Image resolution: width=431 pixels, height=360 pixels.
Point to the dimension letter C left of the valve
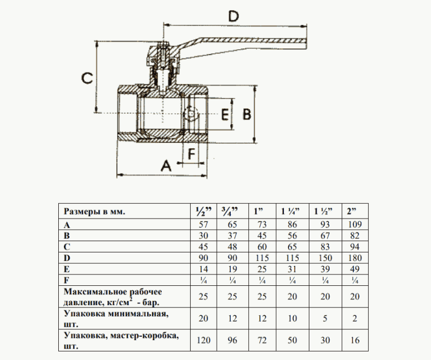pos(86,78)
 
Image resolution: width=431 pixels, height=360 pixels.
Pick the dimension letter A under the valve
pos(166,165)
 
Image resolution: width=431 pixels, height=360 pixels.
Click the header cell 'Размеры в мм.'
pos(94,212)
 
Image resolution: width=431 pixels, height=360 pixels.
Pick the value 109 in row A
pos(354,225)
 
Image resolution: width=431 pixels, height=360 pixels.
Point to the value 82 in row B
pos(354,236)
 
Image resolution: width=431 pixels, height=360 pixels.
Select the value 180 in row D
pos(354,258)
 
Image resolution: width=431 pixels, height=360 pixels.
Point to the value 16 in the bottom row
pos(354,340)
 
